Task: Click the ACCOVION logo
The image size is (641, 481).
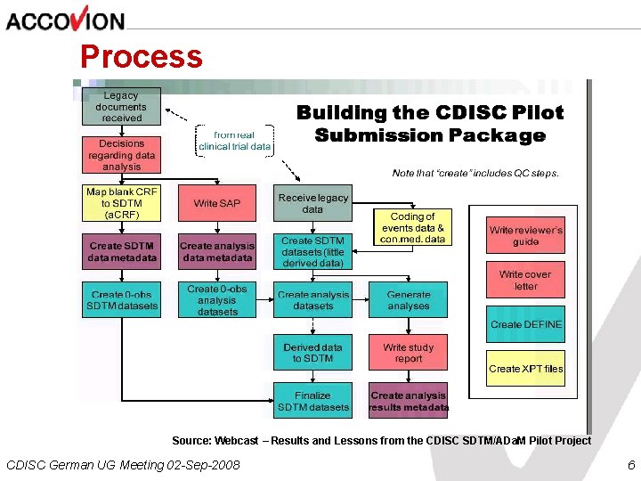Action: point(66,19)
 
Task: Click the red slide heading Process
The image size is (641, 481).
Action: point(142,56)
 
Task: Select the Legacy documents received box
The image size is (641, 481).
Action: point(122,106)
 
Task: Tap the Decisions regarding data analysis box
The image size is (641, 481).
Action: point(122,155)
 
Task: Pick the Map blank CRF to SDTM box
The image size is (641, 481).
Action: point(122,203)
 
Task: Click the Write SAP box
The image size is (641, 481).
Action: point(217,203)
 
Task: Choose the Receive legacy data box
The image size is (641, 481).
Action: point(313,203)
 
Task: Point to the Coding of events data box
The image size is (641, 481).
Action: point(412,227)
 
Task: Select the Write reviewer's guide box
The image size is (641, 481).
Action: point(525,236)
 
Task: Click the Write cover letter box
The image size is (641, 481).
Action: point(525,281)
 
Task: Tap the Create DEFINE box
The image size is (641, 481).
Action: point(525,324)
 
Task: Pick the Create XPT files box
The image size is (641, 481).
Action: point(525,368)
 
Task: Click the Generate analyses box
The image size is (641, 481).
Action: point(409,300)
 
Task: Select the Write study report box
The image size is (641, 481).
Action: point(409,353)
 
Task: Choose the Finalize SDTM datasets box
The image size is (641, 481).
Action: point(313,401)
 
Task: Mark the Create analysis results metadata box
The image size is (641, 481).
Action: point(409,401)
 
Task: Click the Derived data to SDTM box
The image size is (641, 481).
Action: point(313,353)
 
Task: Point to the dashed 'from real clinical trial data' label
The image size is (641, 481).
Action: point(235,141)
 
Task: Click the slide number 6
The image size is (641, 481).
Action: point(630,465)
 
